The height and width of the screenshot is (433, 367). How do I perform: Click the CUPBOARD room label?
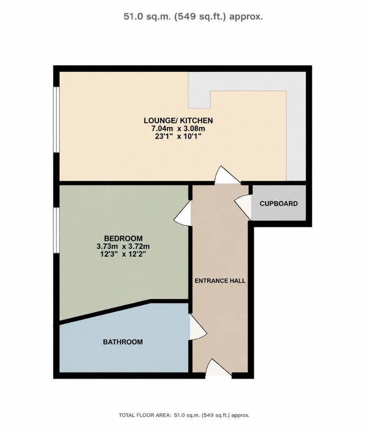pos(279,204)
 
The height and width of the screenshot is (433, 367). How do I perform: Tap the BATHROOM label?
pos(123,342)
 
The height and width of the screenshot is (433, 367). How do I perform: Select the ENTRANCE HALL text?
pos(220,281)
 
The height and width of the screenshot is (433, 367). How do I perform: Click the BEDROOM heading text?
pos(123,238)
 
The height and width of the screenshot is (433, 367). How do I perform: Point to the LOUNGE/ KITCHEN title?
pos(178,120)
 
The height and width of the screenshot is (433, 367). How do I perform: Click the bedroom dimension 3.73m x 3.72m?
pos(123,246)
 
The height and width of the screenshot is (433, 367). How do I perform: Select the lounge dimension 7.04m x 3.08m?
pos(178,128)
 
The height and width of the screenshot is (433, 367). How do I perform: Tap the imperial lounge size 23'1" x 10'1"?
pos(178,136)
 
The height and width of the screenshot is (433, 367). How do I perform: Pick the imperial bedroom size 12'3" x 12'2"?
pos(123,254)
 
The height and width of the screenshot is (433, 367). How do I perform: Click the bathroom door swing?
pos(198,328)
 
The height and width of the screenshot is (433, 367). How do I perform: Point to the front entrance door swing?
pos(218,367)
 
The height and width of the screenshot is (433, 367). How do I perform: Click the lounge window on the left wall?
pos(56,119)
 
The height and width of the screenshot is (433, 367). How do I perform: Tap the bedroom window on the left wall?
pos(56,230)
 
